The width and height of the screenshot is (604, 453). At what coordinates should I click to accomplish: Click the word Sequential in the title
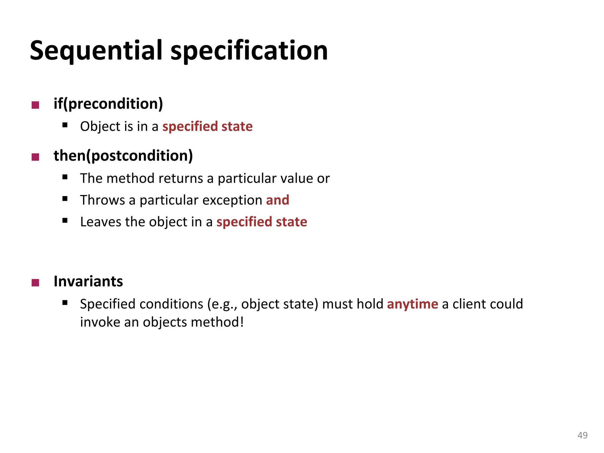[96, 51]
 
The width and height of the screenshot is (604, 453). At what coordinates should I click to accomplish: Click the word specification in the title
[249, 51]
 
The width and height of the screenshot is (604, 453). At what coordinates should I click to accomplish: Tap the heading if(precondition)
[108, 104]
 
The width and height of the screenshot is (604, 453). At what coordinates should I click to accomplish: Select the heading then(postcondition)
[123, 156]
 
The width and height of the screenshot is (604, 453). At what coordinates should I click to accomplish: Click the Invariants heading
[88, 281]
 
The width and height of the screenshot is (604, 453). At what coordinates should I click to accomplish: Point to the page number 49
[582, 435]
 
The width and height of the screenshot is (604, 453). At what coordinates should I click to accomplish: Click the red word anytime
[412, 304]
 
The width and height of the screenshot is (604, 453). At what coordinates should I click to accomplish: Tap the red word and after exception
[278, 200]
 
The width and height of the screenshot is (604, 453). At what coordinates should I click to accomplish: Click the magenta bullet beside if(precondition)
[35, 105]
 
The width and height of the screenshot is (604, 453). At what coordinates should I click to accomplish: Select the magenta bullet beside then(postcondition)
[35, 157]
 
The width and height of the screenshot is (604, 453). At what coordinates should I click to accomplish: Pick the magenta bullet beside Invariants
[35, 283]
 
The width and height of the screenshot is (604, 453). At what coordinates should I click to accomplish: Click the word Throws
[103, 200]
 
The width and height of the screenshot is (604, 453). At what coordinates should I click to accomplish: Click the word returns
[180, 178]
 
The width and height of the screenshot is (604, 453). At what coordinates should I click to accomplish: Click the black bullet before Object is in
[65, 125]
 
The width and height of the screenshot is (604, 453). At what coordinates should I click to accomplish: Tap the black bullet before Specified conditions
[65, 303]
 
